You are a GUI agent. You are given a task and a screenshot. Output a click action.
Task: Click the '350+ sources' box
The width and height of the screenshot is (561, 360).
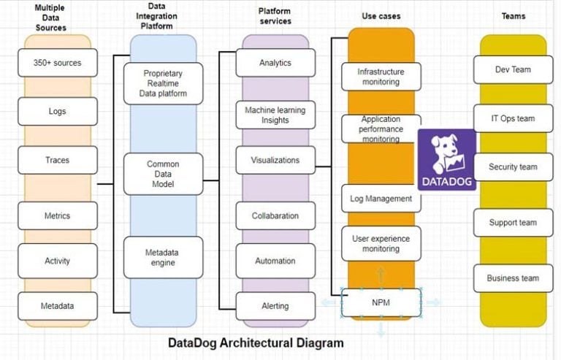coord(57,63)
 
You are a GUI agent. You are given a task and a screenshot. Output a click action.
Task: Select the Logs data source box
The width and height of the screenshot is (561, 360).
coord(57,112)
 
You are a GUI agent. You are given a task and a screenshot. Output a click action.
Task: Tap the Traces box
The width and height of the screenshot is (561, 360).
coord(57,159)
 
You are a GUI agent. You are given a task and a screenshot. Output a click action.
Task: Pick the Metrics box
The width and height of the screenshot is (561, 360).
coord(57,216)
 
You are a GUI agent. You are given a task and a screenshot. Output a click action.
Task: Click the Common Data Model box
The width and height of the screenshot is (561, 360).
coord(163,175)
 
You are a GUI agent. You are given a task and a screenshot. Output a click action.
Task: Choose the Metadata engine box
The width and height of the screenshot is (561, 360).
coord(163,257)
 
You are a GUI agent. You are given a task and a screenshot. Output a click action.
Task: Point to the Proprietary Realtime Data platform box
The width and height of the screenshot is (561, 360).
coord(163,83)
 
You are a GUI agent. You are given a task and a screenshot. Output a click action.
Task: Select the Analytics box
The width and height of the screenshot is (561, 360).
coord(275,63)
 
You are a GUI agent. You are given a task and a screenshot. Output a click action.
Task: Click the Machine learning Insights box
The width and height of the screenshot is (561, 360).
coord(275,115)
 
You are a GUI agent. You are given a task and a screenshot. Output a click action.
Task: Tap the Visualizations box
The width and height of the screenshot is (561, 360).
coord(275,160)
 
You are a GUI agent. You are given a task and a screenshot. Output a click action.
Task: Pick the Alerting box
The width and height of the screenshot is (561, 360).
coord(275,306)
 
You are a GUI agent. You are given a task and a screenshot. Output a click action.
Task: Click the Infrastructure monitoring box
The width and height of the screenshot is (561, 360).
coord(381,77)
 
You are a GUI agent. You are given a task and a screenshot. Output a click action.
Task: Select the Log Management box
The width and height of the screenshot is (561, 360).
coord(381,199)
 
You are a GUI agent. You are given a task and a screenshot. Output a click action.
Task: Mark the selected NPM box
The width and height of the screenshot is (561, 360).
coord(381,302)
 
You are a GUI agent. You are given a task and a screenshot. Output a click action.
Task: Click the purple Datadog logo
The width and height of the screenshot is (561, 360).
coord(446,159)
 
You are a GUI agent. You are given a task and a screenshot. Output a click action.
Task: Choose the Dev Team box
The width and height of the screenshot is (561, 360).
coord(513,69)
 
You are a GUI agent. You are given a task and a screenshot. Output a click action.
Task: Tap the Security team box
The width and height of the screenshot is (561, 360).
coord(513,166)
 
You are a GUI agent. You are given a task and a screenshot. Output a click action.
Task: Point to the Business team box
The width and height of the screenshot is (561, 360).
coord(513,278)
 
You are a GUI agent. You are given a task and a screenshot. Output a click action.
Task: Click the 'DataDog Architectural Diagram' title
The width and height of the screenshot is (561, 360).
coord(256,342)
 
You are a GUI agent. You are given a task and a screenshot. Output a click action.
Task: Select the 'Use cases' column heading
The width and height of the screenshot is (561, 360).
coord(381,15)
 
